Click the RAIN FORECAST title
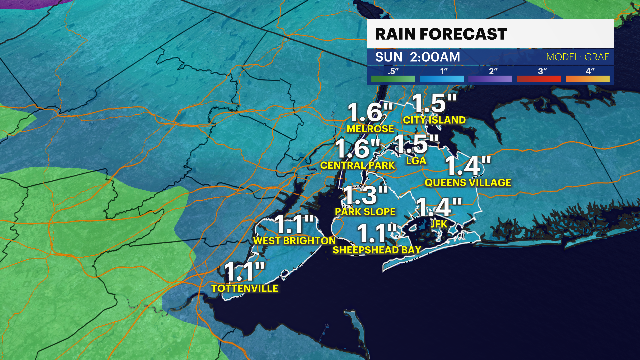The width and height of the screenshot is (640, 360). pos(441,34)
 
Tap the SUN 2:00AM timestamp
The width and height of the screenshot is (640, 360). pos(417,57)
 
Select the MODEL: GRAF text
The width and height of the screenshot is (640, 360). pos(577,57)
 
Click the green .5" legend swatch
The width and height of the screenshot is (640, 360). pos(393,79)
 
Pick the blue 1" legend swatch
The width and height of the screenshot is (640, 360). pos(442,79)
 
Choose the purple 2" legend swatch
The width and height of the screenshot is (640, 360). pos(490,79)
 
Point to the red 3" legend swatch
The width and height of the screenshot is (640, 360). pos(539,79)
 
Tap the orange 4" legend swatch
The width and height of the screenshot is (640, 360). pos(587,79)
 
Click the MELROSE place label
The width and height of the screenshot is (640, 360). pos(370,129)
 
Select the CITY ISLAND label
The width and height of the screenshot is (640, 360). pos(434,120)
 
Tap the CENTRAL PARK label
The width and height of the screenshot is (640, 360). pos(357,165)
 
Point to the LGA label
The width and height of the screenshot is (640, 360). pos(416,161)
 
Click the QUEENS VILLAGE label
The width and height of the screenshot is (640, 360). pos(468,183)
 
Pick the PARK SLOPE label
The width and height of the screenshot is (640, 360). pos(365,212)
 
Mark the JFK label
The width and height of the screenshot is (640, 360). pos(438,224)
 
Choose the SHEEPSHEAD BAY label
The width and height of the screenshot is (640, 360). pos(377,250)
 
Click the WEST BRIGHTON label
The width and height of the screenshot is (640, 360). pos(294,241)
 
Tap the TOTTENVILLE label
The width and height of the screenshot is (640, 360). pos(245,288)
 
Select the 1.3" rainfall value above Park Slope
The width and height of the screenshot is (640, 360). pos(365,195)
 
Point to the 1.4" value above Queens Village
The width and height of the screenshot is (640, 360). pos(468,166)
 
